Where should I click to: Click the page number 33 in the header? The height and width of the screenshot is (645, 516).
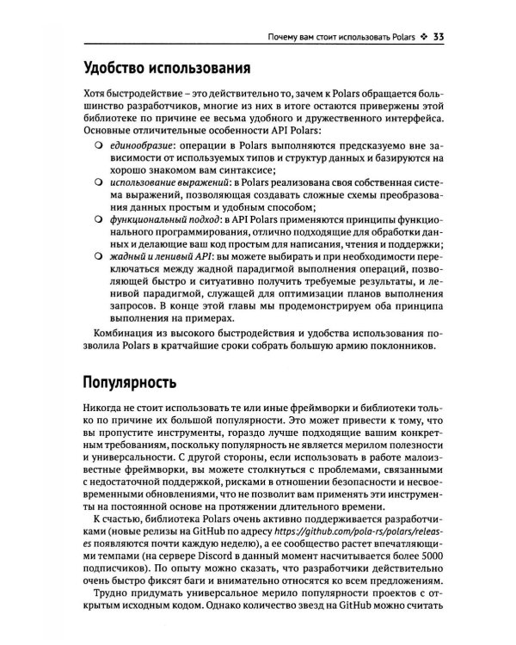[x=437, y=36]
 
